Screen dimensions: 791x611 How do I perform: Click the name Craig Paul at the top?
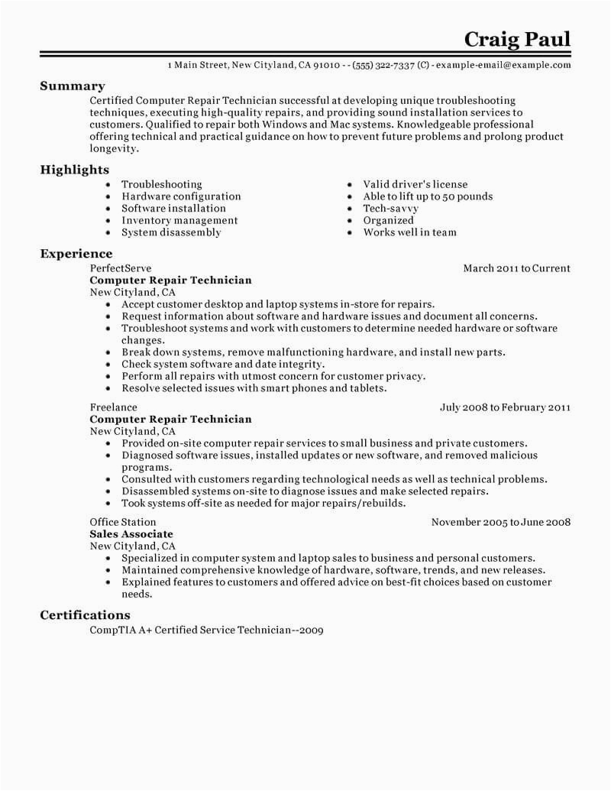pos(517,39)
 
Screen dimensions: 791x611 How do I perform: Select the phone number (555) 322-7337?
pos(388,66)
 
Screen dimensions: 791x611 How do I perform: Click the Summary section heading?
pos(73,86)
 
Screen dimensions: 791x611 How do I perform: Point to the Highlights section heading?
pos(74,170)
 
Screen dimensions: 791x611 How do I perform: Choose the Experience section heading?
pos(76,254)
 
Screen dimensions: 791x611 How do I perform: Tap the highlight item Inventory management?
pos(179,220)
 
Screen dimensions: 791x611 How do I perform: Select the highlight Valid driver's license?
pos(415,184)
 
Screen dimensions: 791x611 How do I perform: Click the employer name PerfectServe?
pos(121,268)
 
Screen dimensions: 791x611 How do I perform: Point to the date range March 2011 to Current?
pos(516,268)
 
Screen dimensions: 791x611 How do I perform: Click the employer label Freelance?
pos(114,407)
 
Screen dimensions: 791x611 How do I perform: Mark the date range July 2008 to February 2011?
pos(505,407)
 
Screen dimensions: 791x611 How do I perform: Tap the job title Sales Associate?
pos(131,534)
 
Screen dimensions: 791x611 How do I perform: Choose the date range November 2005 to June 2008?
pos(500,523)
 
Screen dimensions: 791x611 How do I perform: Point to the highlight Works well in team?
pos(409,232)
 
